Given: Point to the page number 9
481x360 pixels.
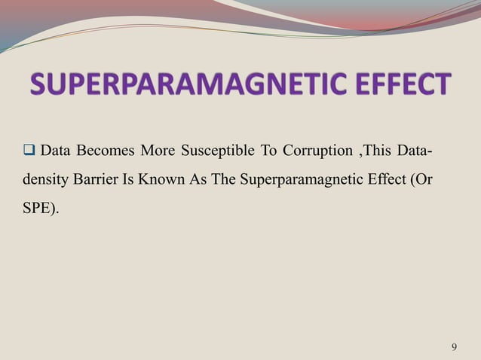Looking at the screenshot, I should point(453,346).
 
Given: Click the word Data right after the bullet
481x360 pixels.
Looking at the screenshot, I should point(55,153).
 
